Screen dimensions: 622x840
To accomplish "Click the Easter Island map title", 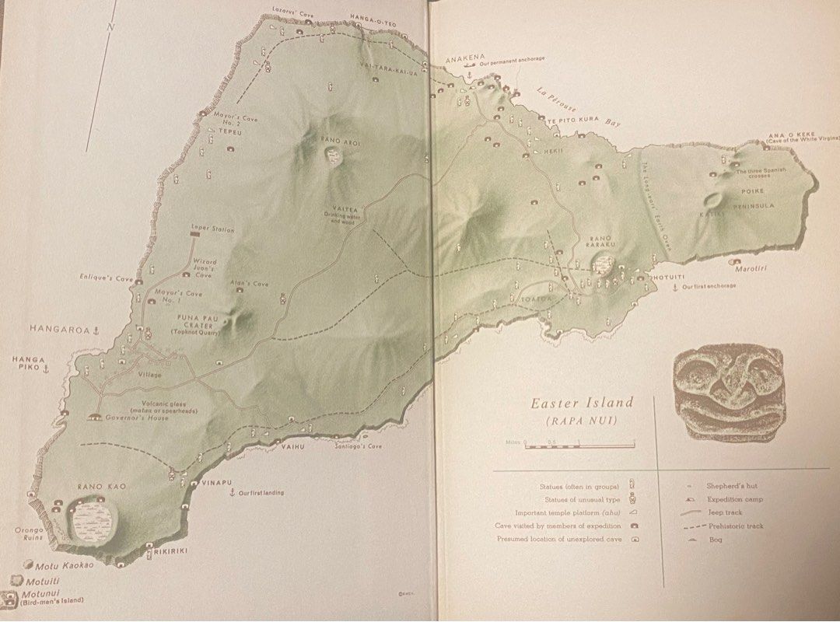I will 582,403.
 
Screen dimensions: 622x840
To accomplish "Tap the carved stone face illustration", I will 728,391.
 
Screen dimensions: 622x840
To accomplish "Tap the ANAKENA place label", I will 465,57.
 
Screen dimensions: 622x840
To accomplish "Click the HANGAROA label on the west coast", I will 59,330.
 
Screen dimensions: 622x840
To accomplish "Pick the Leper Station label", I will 212,230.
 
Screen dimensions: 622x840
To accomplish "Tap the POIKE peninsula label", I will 752,190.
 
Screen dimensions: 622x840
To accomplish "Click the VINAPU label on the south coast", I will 217,483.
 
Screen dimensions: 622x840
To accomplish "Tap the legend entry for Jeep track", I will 724,512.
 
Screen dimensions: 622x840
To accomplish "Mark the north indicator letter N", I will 111,26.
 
